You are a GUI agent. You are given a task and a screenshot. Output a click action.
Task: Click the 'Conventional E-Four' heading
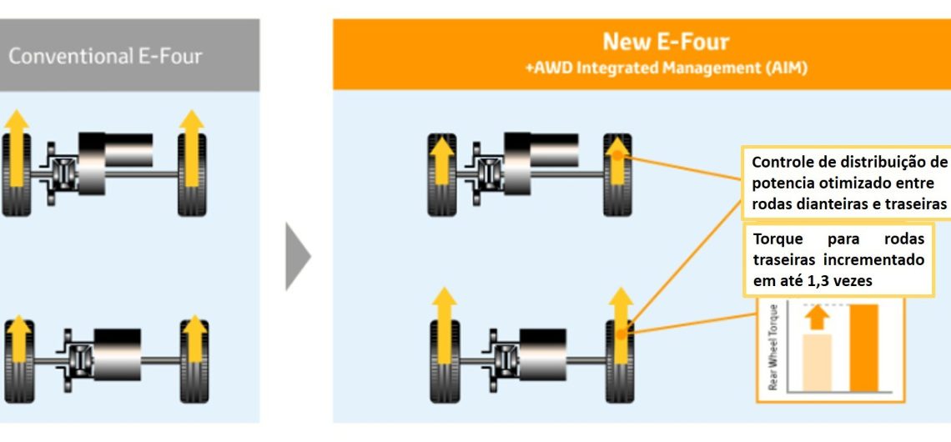[x=105, y=57]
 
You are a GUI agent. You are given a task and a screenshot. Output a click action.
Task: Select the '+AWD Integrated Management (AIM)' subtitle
[x=665, y=69]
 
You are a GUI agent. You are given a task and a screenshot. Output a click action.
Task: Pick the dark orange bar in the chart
[x=863, y=347]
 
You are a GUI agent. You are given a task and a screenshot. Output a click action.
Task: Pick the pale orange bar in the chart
[x=817, y=362]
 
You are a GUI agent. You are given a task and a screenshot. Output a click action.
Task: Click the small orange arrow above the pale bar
[x=818, y=318]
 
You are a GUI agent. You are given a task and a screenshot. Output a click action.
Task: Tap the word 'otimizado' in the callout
[x=868, y=183]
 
